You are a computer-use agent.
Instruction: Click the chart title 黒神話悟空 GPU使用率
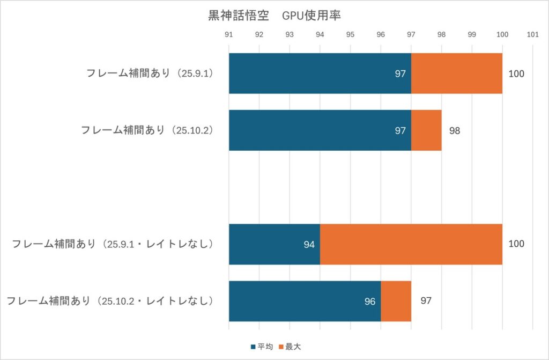coord(274,16)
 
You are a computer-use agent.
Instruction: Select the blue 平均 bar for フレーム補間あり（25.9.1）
coord(320,74)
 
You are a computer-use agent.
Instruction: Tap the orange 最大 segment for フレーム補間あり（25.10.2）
coord(426,130)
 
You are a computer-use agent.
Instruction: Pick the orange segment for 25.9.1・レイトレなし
coord(411,245)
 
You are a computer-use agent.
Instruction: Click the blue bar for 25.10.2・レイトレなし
coord(305,301)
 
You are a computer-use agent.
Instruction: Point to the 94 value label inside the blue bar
coord(309,245)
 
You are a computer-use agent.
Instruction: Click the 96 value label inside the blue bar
coord(370,302)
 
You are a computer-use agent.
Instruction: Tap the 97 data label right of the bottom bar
coord(426,301)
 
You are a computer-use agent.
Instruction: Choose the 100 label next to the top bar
coord(516,74)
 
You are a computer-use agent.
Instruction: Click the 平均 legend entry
coord(262,347)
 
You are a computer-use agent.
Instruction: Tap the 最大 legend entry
coord(290,347)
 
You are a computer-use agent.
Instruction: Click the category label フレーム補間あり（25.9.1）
coord(150,74)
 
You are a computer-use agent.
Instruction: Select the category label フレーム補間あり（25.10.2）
coord(147,130)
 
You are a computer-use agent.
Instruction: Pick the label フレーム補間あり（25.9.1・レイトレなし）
coord(113,245)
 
